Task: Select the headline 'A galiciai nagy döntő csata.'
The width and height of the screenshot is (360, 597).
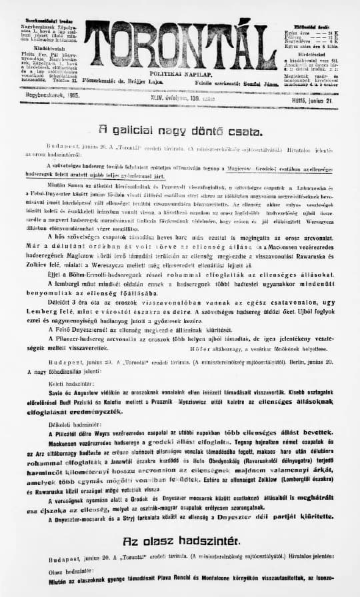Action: point(180,131)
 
